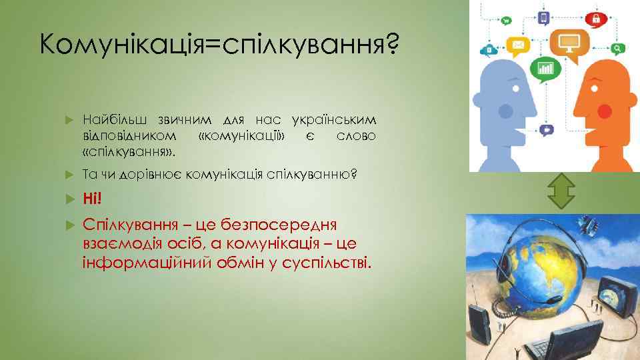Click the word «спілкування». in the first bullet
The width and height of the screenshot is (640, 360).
tap(129, 152)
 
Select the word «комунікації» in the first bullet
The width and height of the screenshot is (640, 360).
tap(242, 136)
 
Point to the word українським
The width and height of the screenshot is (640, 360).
tap(334, 120)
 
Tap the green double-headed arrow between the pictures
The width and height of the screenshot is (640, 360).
tap(560, 193)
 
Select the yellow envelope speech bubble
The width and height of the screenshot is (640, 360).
tap(517, 46)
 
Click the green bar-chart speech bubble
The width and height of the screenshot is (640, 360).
tap(545, 68)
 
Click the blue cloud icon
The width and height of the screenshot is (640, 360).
tap(490, 49)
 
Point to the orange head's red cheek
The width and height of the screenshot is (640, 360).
tap(605, 111)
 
